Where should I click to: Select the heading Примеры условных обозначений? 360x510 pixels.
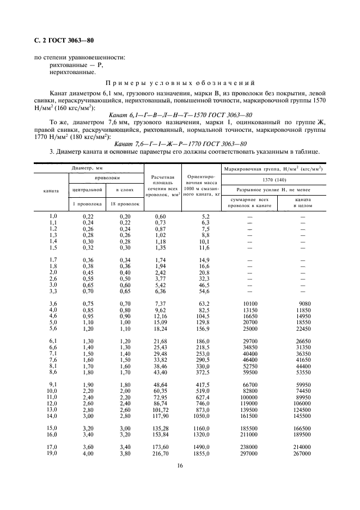180,83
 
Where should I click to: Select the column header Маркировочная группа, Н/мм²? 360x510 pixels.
273,169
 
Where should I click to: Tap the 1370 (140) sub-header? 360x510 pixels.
273,179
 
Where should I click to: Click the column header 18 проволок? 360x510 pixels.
125,204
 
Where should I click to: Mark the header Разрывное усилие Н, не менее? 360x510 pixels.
273,190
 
